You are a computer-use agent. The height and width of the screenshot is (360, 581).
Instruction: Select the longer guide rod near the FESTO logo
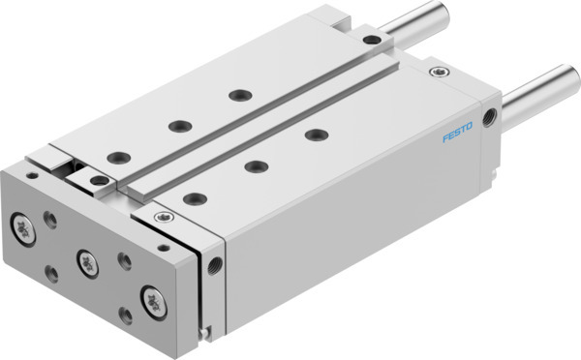(538, 88)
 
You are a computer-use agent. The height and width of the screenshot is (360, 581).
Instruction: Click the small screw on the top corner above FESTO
(442, 72)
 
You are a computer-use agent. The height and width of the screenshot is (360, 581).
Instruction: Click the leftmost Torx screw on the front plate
(19, 225)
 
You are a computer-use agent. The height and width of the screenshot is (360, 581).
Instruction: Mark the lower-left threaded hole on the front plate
(50, 275)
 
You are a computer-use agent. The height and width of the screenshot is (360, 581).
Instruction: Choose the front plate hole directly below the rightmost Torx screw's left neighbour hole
(125, 314)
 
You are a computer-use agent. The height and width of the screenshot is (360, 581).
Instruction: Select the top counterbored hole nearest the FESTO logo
(314, 134)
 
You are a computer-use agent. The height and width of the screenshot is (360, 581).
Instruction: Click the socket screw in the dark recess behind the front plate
(98, 179)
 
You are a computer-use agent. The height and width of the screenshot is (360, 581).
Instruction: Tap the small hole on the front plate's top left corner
(34, 176)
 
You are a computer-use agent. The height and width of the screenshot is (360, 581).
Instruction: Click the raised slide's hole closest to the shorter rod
(236, 95)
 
